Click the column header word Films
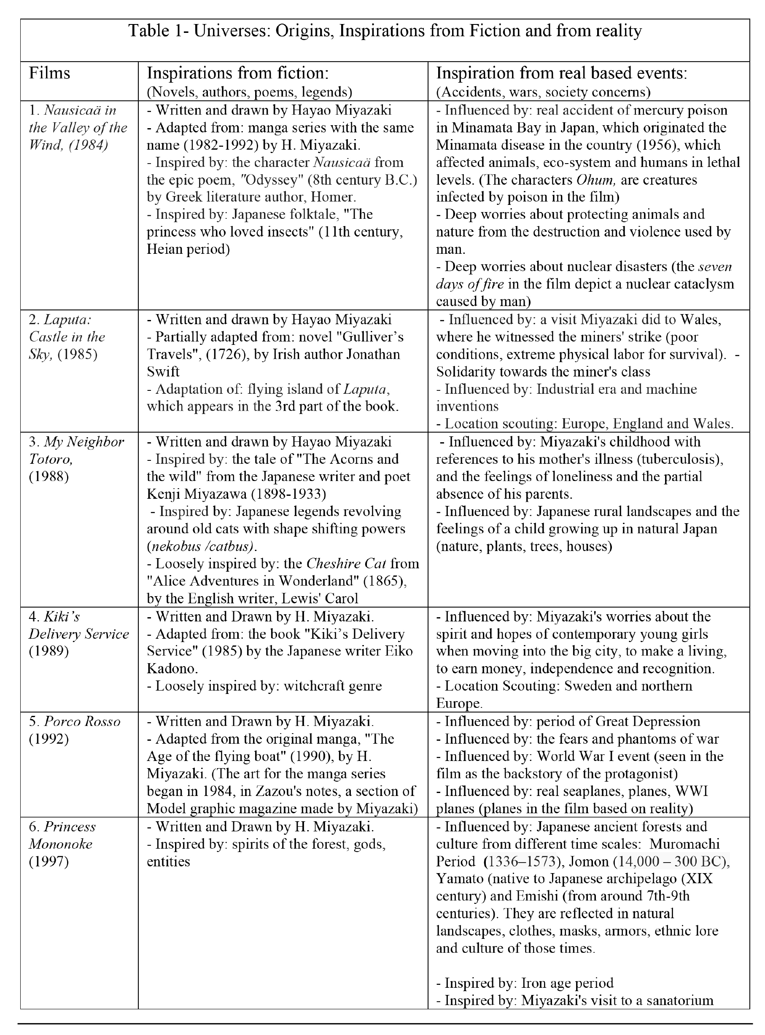click(x=49, y=73)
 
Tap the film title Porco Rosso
click(x=82, y=721)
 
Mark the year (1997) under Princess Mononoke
click(x=48, y=861)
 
